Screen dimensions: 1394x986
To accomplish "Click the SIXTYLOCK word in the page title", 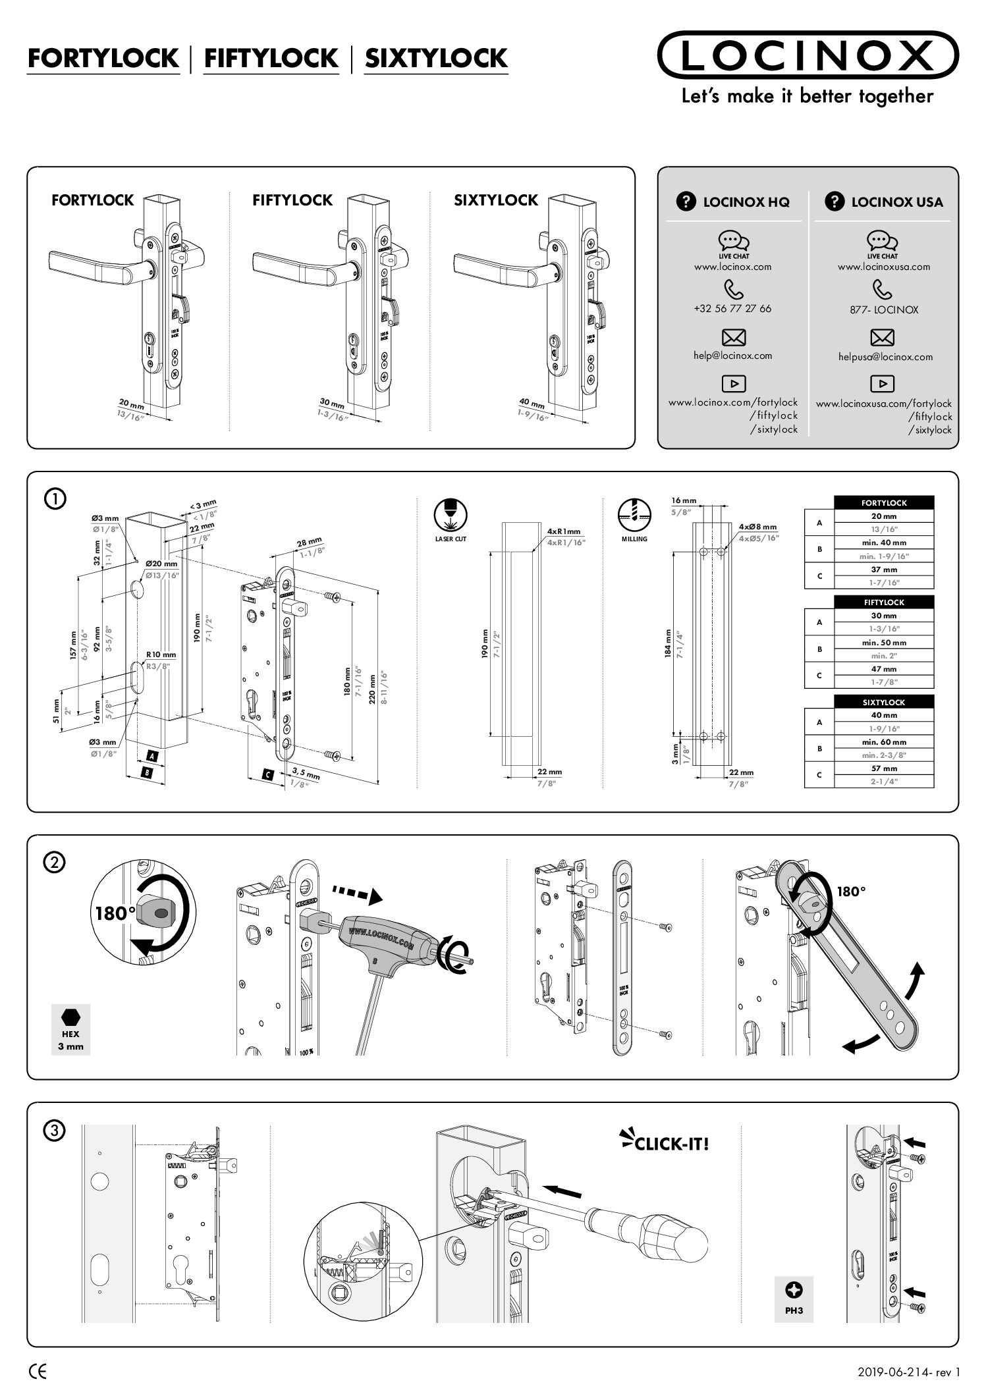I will (436, 59).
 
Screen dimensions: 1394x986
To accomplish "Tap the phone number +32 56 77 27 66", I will (732, 308).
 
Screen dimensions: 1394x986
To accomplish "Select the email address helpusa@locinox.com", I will (885, 357).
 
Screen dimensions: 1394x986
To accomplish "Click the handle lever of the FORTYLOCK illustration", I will (92, 263).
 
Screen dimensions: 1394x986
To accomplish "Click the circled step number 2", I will (55, 863).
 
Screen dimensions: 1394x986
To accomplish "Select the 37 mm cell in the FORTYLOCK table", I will (884, 570).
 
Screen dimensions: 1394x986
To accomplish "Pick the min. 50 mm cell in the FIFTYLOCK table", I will (884, 642).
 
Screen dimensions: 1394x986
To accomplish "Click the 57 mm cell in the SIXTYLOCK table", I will (884, 768).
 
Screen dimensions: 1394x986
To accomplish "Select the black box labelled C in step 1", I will (267, 774).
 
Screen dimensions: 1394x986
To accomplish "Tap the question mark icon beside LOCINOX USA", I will (835, 201).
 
